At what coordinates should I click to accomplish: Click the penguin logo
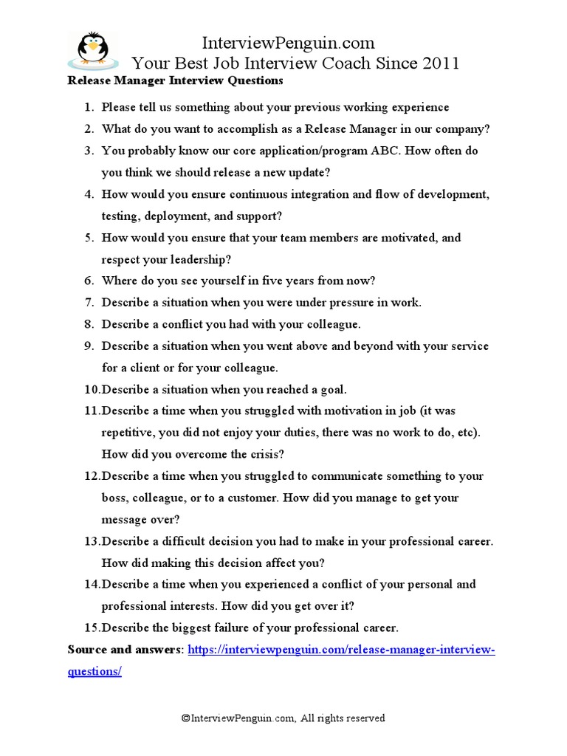[92, 49]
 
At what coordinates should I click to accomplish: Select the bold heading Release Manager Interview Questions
[175, 80]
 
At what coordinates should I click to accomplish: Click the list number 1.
[87, 108]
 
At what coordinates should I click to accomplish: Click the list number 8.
[87, 324]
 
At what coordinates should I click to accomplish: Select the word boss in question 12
[116, 498]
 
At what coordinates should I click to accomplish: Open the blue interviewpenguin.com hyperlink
[341, 650]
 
